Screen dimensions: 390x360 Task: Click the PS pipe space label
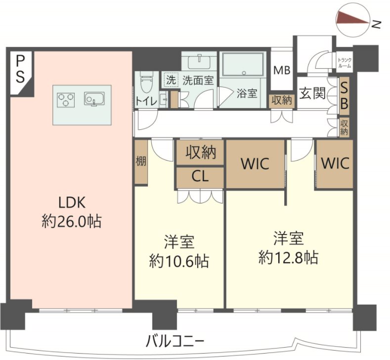pyautogui.click(x=20, y=70)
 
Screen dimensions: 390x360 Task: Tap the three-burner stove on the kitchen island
pyautogui.click(x=66, y=100)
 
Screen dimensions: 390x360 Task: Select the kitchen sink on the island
pyautogui.click(x=94, y=99)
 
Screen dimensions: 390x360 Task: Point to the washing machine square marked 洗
pyautogui.click(x=171, y=80)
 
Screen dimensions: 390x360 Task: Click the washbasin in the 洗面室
pyautogui.click(x=200, y=62)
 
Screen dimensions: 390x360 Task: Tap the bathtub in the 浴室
pyautogui.click(x=243, y=64)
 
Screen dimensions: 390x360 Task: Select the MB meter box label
pyautogui.click(x=282, y=70)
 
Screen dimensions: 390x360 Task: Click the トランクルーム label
pyautogui.click(x=345, y=63)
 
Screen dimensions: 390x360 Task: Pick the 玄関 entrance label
pyautogui.click(x=312, y=93)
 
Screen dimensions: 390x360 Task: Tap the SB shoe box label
pyautogui.click(x=344, y=95)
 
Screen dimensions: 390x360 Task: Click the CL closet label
pyautogui.click(x=200, y=177)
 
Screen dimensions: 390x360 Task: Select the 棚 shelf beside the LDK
pyautogui.click(x=141, y=162)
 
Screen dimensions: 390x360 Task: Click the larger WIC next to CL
pyautogui.click(x=255, y=164)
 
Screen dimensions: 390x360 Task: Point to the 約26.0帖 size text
pyautogui.click(x=72, y=221)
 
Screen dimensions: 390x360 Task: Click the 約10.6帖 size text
pyautogui.click(x=178, y=261)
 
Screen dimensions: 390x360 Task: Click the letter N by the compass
pyautogui.click(x=377, y=24)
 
